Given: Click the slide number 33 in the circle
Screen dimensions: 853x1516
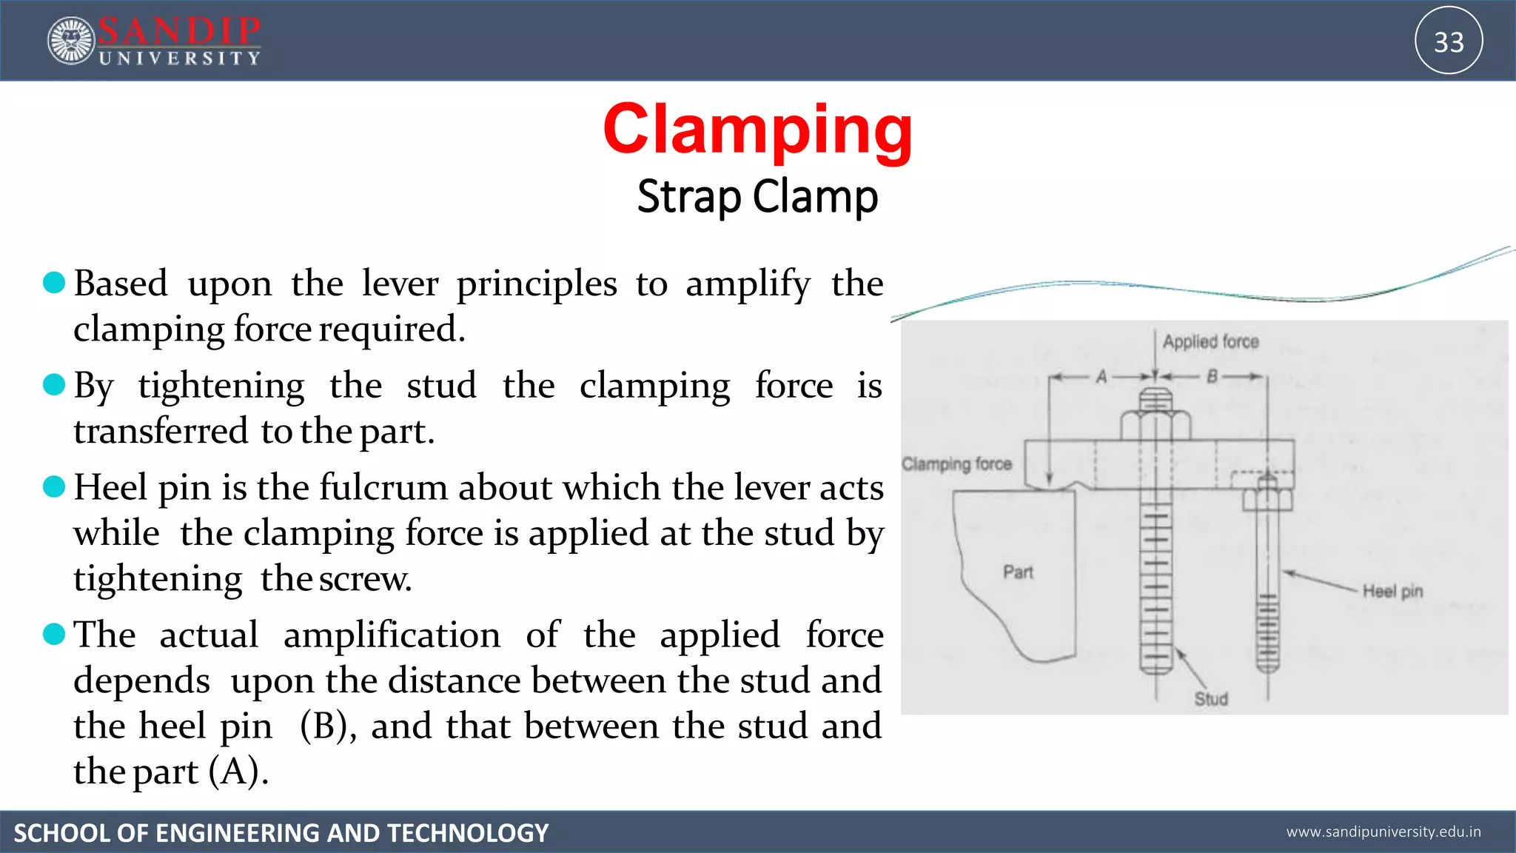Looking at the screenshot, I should click(1449, 41).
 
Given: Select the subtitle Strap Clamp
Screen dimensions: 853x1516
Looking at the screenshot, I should click(757, 197).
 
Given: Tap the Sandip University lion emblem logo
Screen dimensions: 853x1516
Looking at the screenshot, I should click(71, 41).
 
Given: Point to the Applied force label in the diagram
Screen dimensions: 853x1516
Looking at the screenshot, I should click(1210, 341).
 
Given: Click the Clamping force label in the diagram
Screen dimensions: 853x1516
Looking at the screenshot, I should click(956, 464).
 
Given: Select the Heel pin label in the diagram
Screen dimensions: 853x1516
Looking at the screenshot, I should click(1392, 591).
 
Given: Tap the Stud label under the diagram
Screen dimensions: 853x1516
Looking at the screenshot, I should click(1211, 698).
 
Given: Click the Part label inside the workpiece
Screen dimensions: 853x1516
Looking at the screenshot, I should click(1018, 572).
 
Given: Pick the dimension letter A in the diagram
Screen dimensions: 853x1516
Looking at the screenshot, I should click(1101, 377).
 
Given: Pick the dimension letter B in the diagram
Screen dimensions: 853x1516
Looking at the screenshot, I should click(1212, 377).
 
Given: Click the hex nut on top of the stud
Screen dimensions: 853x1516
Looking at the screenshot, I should click(1156, 426).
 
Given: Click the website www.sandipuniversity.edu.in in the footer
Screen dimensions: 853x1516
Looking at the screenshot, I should click(1383, 832).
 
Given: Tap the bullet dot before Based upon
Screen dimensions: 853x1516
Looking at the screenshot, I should click(54, 282).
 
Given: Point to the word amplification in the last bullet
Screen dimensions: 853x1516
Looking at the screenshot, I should click(392, 635).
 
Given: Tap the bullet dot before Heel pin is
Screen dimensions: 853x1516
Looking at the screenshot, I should click(54, 486).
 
